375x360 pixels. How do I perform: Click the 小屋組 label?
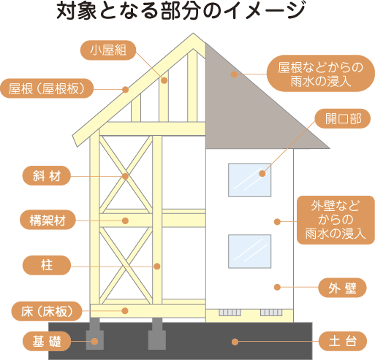click(108, 50)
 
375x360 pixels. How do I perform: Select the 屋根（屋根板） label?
click(47, 88)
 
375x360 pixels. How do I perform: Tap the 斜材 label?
click(47, 176)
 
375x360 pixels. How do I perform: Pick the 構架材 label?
click(48, 220)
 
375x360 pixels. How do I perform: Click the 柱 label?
click(47, 265)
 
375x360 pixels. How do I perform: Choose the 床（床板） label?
click(47, 311)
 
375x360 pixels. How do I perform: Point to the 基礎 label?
click(47, 341)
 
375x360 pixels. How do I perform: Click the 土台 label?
click(343, 341)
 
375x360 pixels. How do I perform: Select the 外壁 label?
click(342, 288)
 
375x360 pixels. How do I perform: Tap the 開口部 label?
click(343, 118)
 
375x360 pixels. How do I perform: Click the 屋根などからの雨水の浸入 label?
click(321, 73)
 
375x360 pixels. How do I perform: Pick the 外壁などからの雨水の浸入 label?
click(336, 220)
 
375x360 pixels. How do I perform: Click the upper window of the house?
click(249, 180)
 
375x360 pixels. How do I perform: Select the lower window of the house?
click(249, 251)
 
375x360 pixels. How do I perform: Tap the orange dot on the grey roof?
click(234, 74)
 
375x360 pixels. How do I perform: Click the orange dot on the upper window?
click(262, 174)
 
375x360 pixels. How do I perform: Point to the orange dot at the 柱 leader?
click(157, 267)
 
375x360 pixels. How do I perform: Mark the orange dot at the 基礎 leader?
click(95, 341)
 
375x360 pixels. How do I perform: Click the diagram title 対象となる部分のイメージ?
click(181, 11)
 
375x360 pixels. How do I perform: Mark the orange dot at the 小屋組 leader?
click(164, 80)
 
